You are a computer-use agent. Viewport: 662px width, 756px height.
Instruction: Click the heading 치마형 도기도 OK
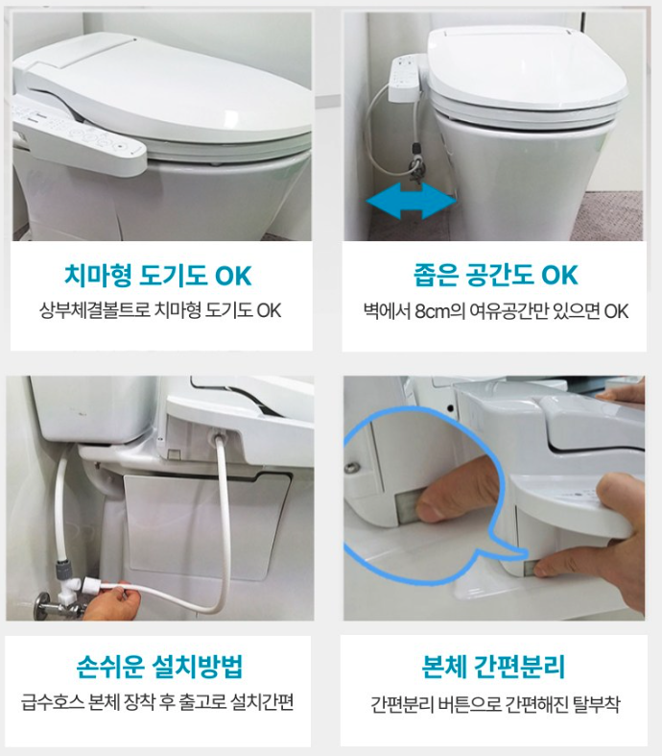point(158,276)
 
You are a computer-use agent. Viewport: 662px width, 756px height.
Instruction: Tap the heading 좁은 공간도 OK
point(495,275)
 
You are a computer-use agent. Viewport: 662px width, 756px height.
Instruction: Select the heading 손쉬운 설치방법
point(159,667)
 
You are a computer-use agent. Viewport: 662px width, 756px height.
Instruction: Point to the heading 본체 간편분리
point(493,667)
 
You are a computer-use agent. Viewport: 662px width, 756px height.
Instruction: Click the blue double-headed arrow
point(411,201)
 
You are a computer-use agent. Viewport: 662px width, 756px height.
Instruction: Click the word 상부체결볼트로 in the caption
point(94,310)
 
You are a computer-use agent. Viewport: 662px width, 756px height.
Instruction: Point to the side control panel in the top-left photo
point(80,135)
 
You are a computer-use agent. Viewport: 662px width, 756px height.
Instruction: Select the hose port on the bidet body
point(216,438)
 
